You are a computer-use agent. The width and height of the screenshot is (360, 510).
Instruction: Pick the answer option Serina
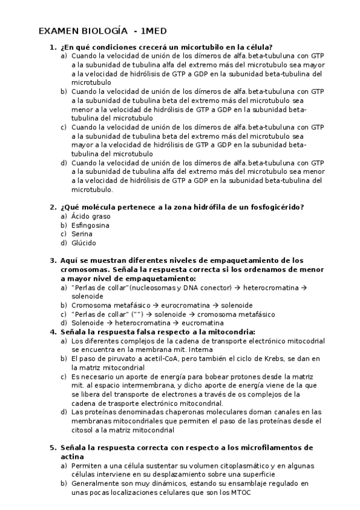tap(81, 234)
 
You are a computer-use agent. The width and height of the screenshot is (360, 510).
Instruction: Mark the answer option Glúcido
tap(83, 243)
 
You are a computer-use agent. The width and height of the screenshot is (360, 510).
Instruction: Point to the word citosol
tap(83, 430)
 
